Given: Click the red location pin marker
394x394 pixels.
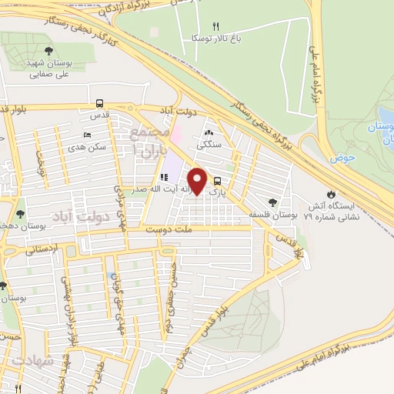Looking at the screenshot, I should (197, 182).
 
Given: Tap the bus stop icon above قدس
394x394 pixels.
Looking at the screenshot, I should (98, 103).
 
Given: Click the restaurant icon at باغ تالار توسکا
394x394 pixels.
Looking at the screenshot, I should (215, 25).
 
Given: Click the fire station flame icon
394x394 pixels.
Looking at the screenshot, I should (331, 193).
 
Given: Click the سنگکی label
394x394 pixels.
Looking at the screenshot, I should (209, 144).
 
